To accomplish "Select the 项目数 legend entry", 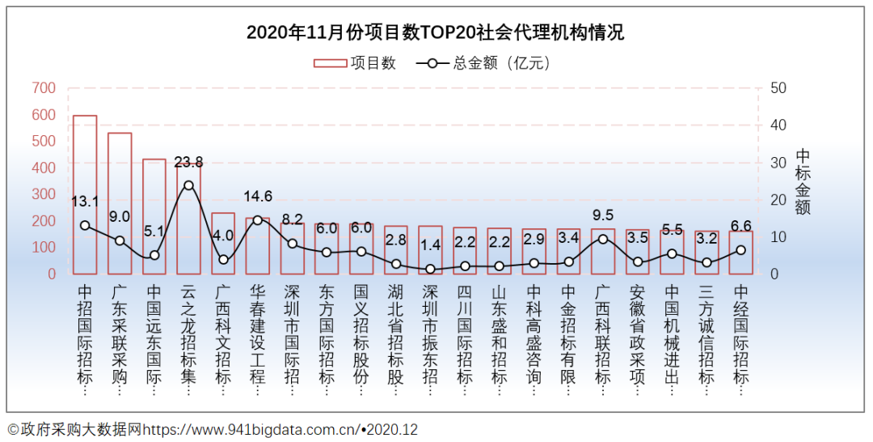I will coord(354,63).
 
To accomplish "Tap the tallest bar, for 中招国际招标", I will coord(85,194).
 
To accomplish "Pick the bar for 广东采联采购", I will coord(120,202).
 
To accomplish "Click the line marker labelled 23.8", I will coord(188,185).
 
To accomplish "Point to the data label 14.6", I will coord(258,197).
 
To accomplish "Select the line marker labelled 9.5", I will coord(603,239).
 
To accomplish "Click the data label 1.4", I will coord(429,244).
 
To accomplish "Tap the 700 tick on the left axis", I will coord(44,88).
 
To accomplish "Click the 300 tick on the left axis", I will coord(44,194).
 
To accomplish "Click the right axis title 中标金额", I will coord(802,181).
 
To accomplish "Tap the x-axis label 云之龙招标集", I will coord(188,340).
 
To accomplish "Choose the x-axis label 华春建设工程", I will coord(258,340).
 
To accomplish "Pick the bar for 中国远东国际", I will coord(154,216).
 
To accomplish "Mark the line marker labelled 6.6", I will coord(741,250).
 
